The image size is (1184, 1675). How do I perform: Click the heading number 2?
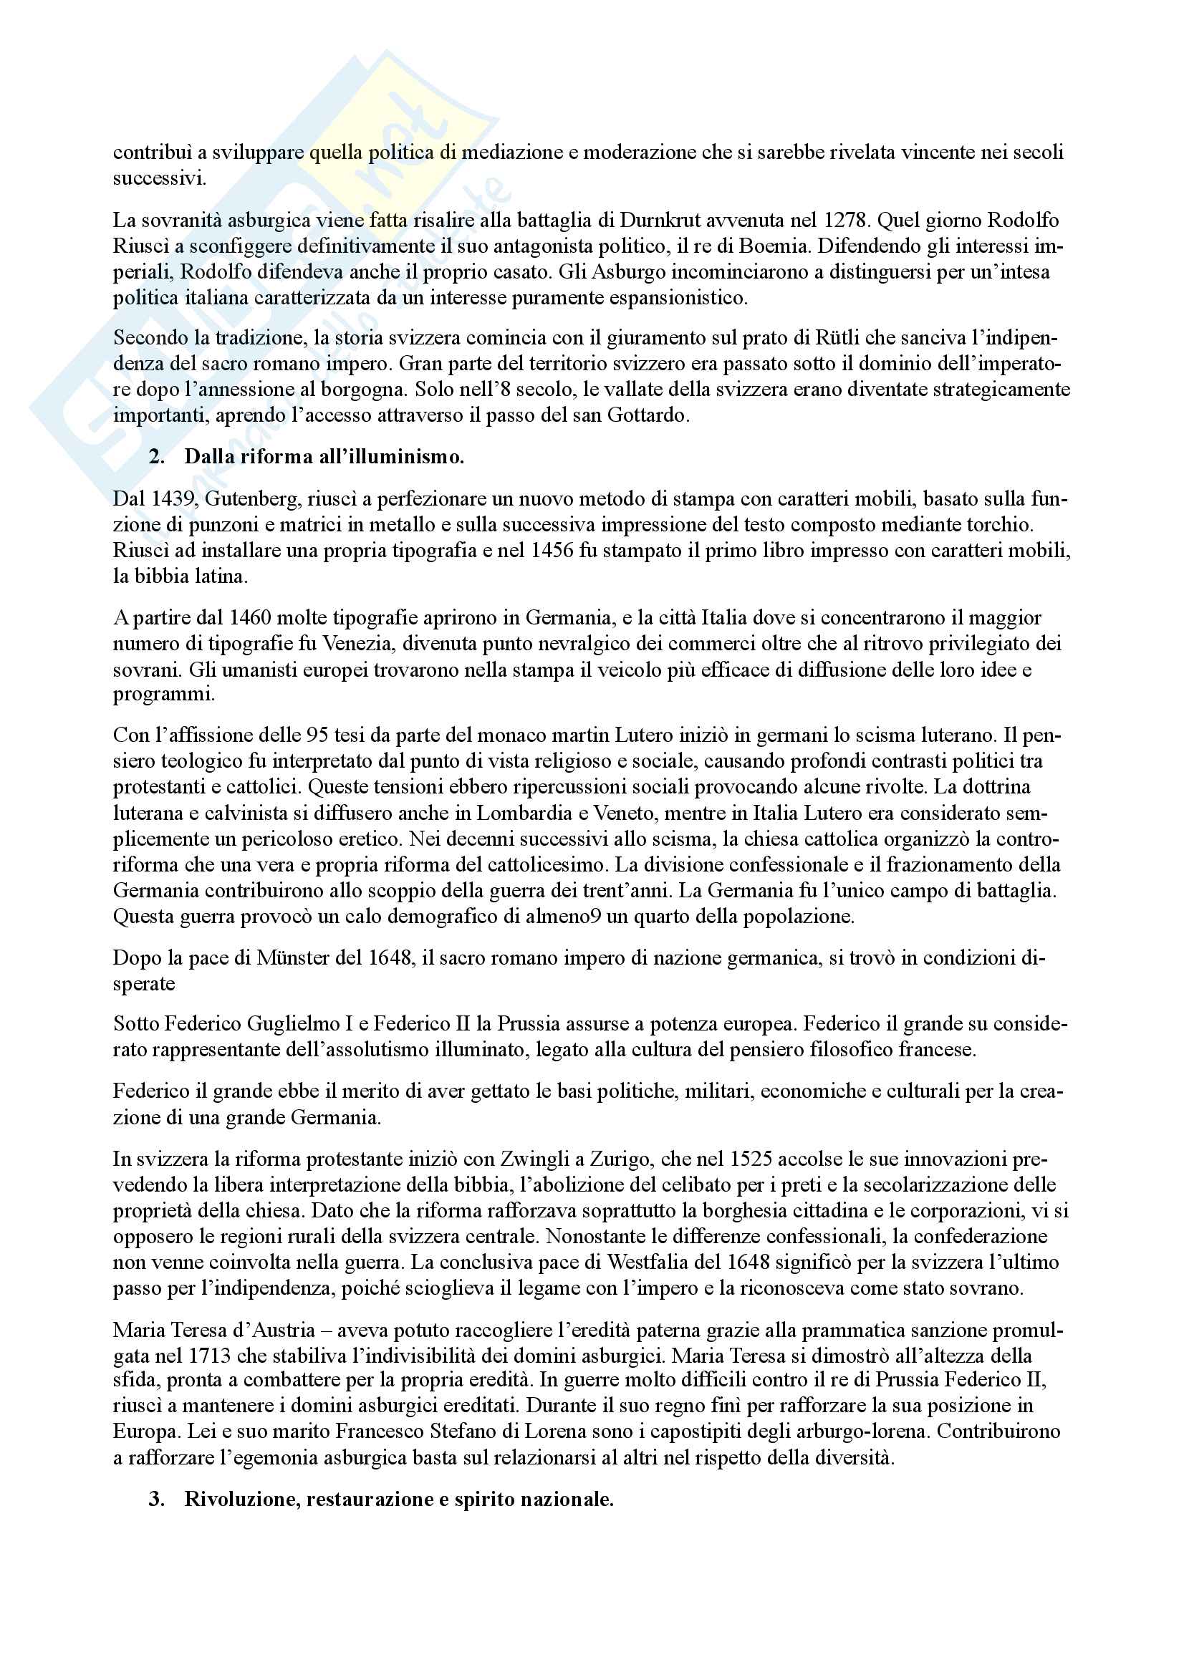pos(155,457)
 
